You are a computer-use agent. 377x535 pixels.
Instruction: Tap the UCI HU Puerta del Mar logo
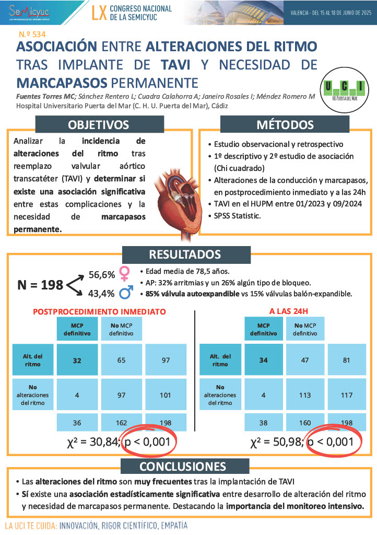344,90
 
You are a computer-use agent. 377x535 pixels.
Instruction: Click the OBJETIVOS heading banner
98,125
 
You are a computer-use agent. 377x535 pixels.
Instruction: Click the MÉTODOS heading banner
285,125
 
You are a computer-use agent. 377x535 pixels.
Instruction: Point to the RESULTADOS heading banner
185,254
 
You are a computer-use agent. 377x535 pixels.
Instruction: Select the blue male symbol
125,294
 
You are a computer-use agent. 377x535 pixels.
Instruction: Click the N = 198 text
40,285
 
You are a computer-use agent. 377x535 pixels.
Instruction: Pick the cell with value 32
77,360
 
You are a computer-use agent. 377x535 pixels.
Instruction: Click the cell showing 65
121,360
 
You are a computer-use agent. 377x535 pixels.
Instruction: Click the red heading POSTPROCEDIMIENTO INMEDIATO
99,311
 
